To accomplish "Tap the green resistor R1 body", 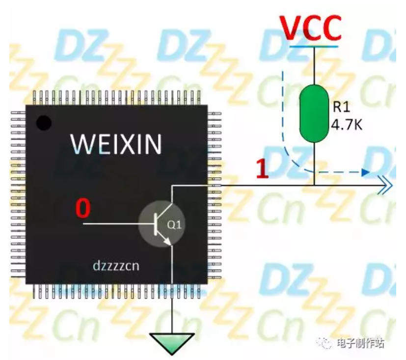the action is tap(313, 113).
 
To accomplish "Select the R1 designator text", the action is tap(340, 107).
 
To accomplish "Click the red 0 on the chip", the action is tap(82, 208).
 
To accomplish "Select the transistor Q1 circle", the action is tap(162, 225).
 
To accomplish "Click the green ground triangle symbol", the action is tap(172, 341).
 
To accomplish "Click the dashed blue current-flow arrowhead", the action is tap(365, 172).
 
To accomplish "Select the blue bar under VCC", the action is tap(314, 46).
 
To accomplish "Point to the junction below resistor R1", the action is tap(314, 186).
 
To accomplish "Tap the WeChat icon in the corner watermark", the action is tap(326, 342).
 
